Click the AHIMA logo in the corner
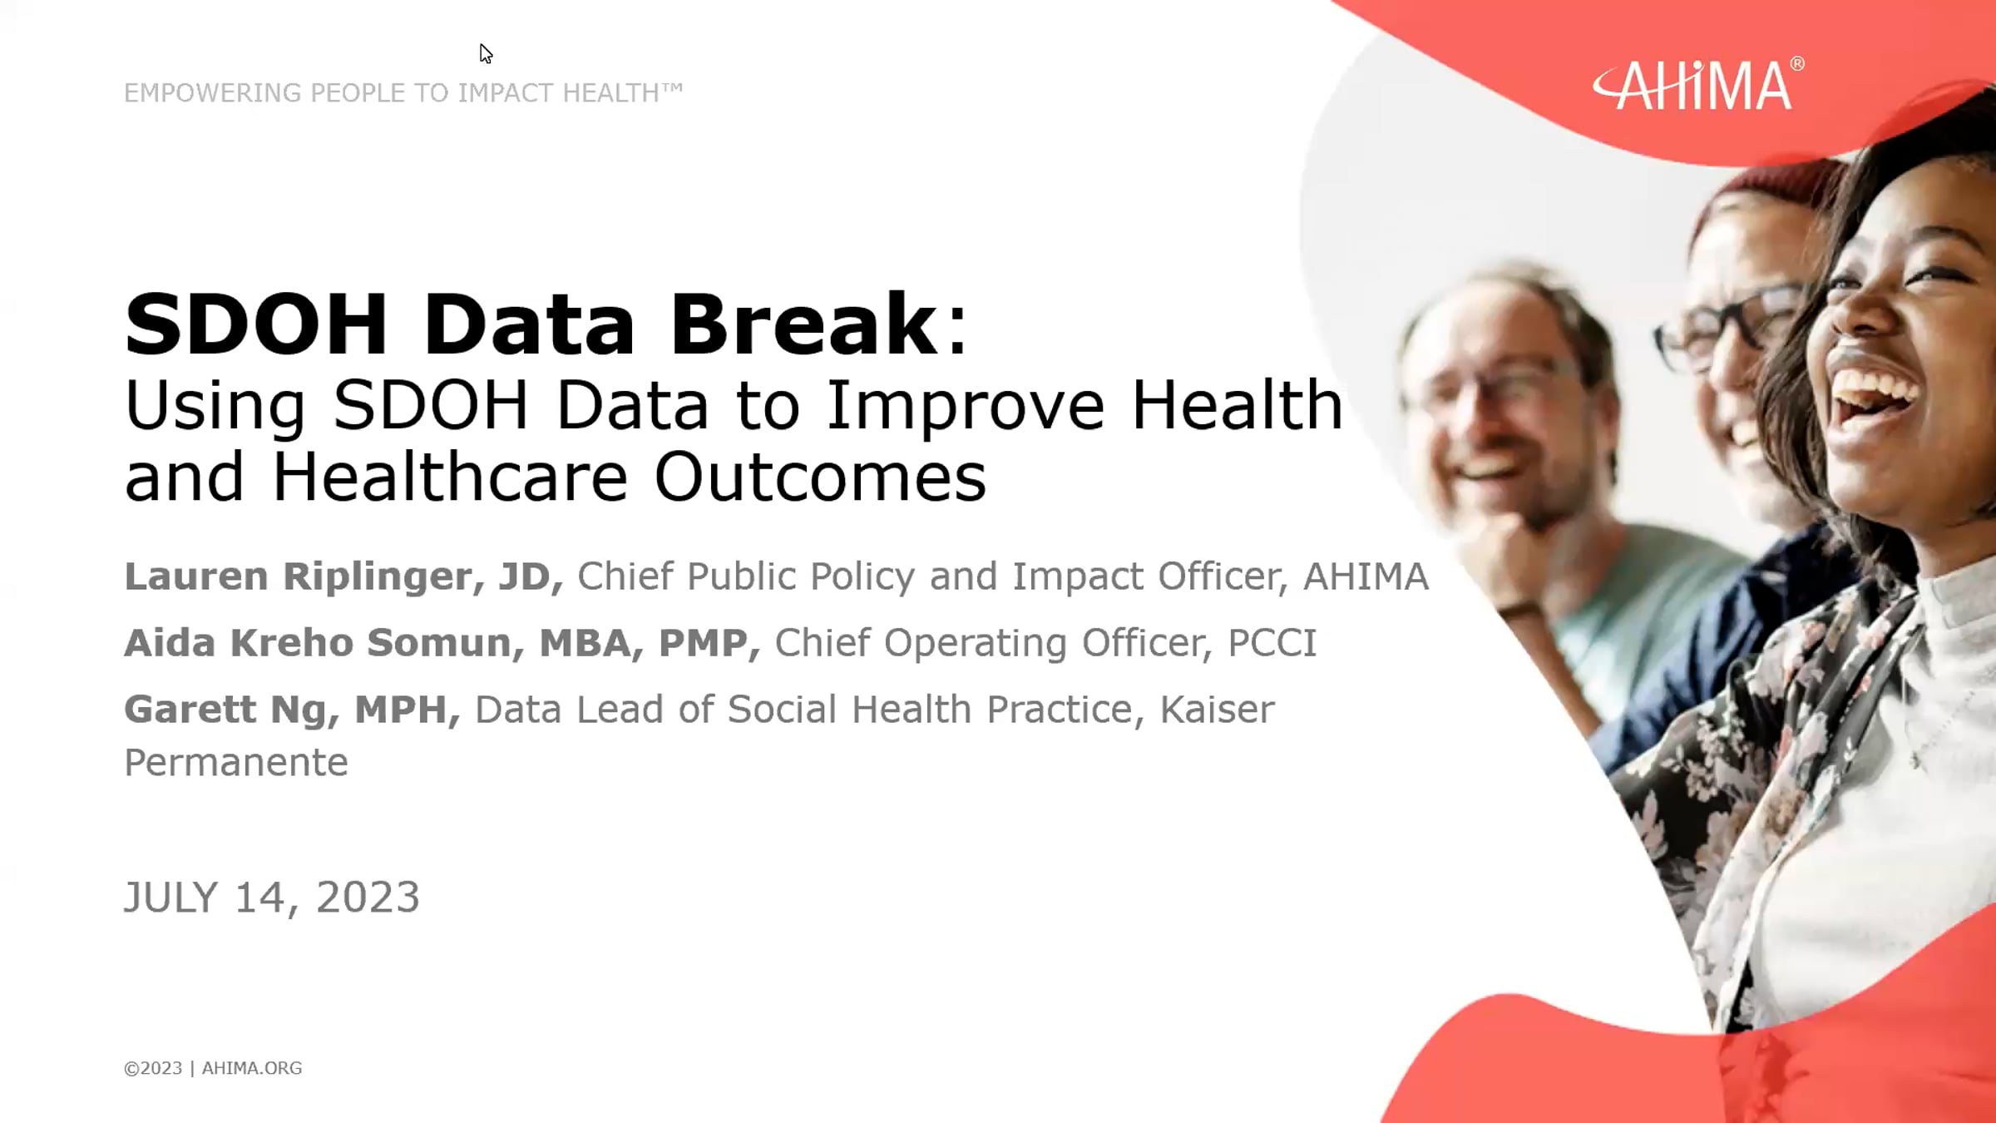click(1697, 85)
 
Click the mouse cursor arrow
click(486, 53)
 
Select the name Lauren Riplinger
click(295, 576)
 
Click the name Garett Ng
click(230, 710)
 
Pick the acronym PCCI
click(1272, 643)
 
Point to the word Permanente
click(235, 763)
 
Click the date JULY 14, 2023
click(271, 898)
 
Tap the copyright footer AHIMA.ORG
click(251, 1068)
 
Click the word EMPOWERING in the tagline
click(212, 93)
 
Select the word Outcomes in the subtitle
click(819, 477)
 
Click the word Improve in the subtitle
click(965, 406)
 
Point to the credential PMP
click(703, 643)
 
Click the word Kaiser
click(1216, 710)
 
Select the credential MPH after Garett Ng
click(402, 710)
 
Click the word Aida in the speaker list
click(170, 643)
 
